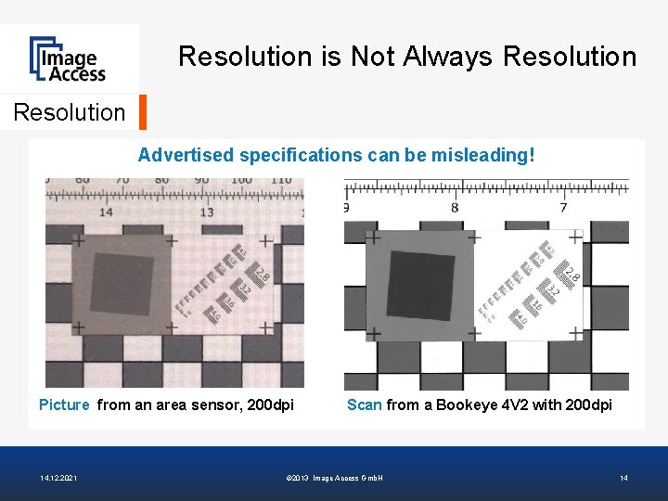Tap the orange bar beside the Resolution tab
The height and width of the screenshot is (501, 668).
(x=142, y=111)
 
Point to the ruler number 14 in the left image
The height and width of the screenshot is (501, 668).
(x=107, y=212)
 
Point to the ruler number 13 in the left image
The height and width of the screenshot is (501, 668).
(x=207, y=212)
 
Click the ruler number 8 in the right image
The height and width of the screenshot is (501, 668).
(x=455, y=208)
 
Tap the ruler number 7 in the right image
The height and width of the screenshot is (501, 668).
(x=563, y=208)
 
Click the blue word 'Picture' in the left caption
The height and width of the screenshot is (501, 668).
(x=64, y=405)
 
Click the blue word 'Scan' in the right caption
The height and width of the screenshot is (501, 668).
(x=364, y=405)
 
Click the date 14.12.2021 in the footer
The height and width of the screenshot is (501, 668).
(x=58, y=478)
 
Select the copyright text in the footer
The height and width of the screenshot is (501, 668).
(x=335, y=478)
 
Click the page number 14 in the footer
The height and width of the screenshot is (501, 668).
(x=623, y=478)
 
